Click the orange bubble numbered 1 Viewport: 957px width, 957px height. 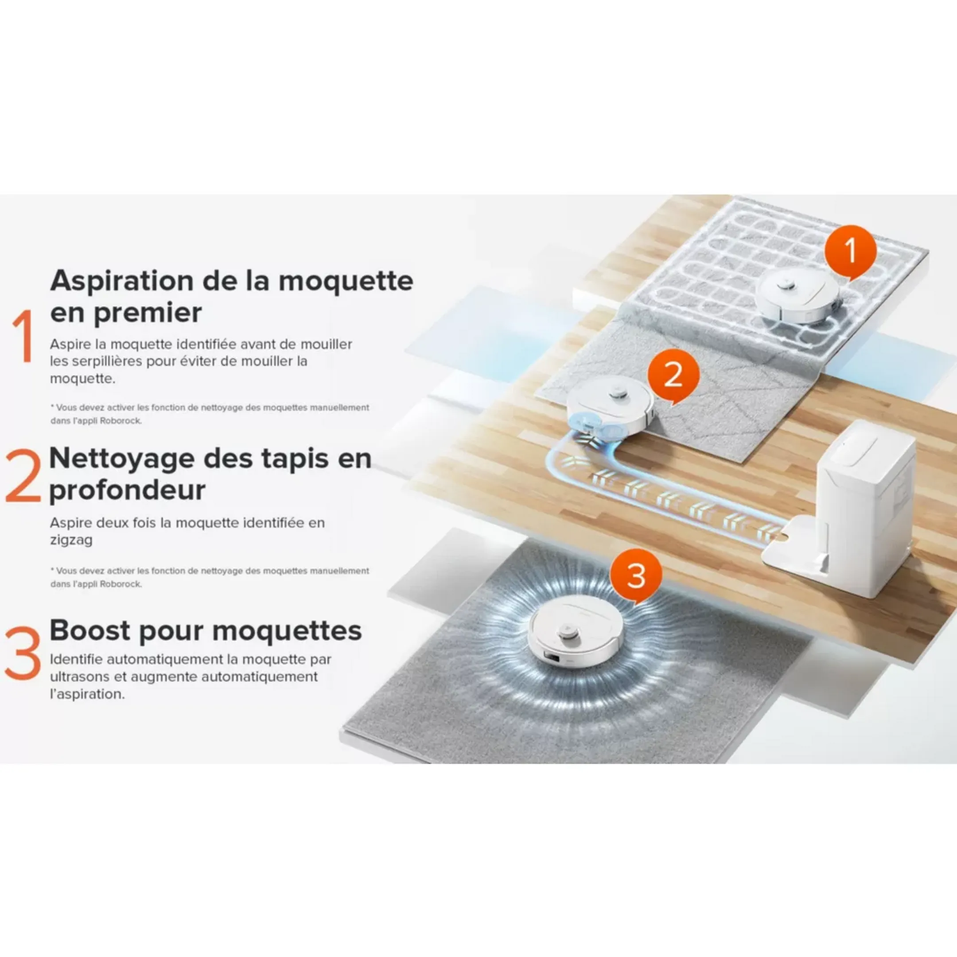(850, 251)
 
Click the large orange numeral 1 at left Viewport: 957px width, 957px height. (24, 337)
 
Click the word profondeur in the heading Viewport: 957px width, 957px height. (127, 490)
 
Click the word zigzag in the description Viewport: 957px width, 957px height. (71, 540)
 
